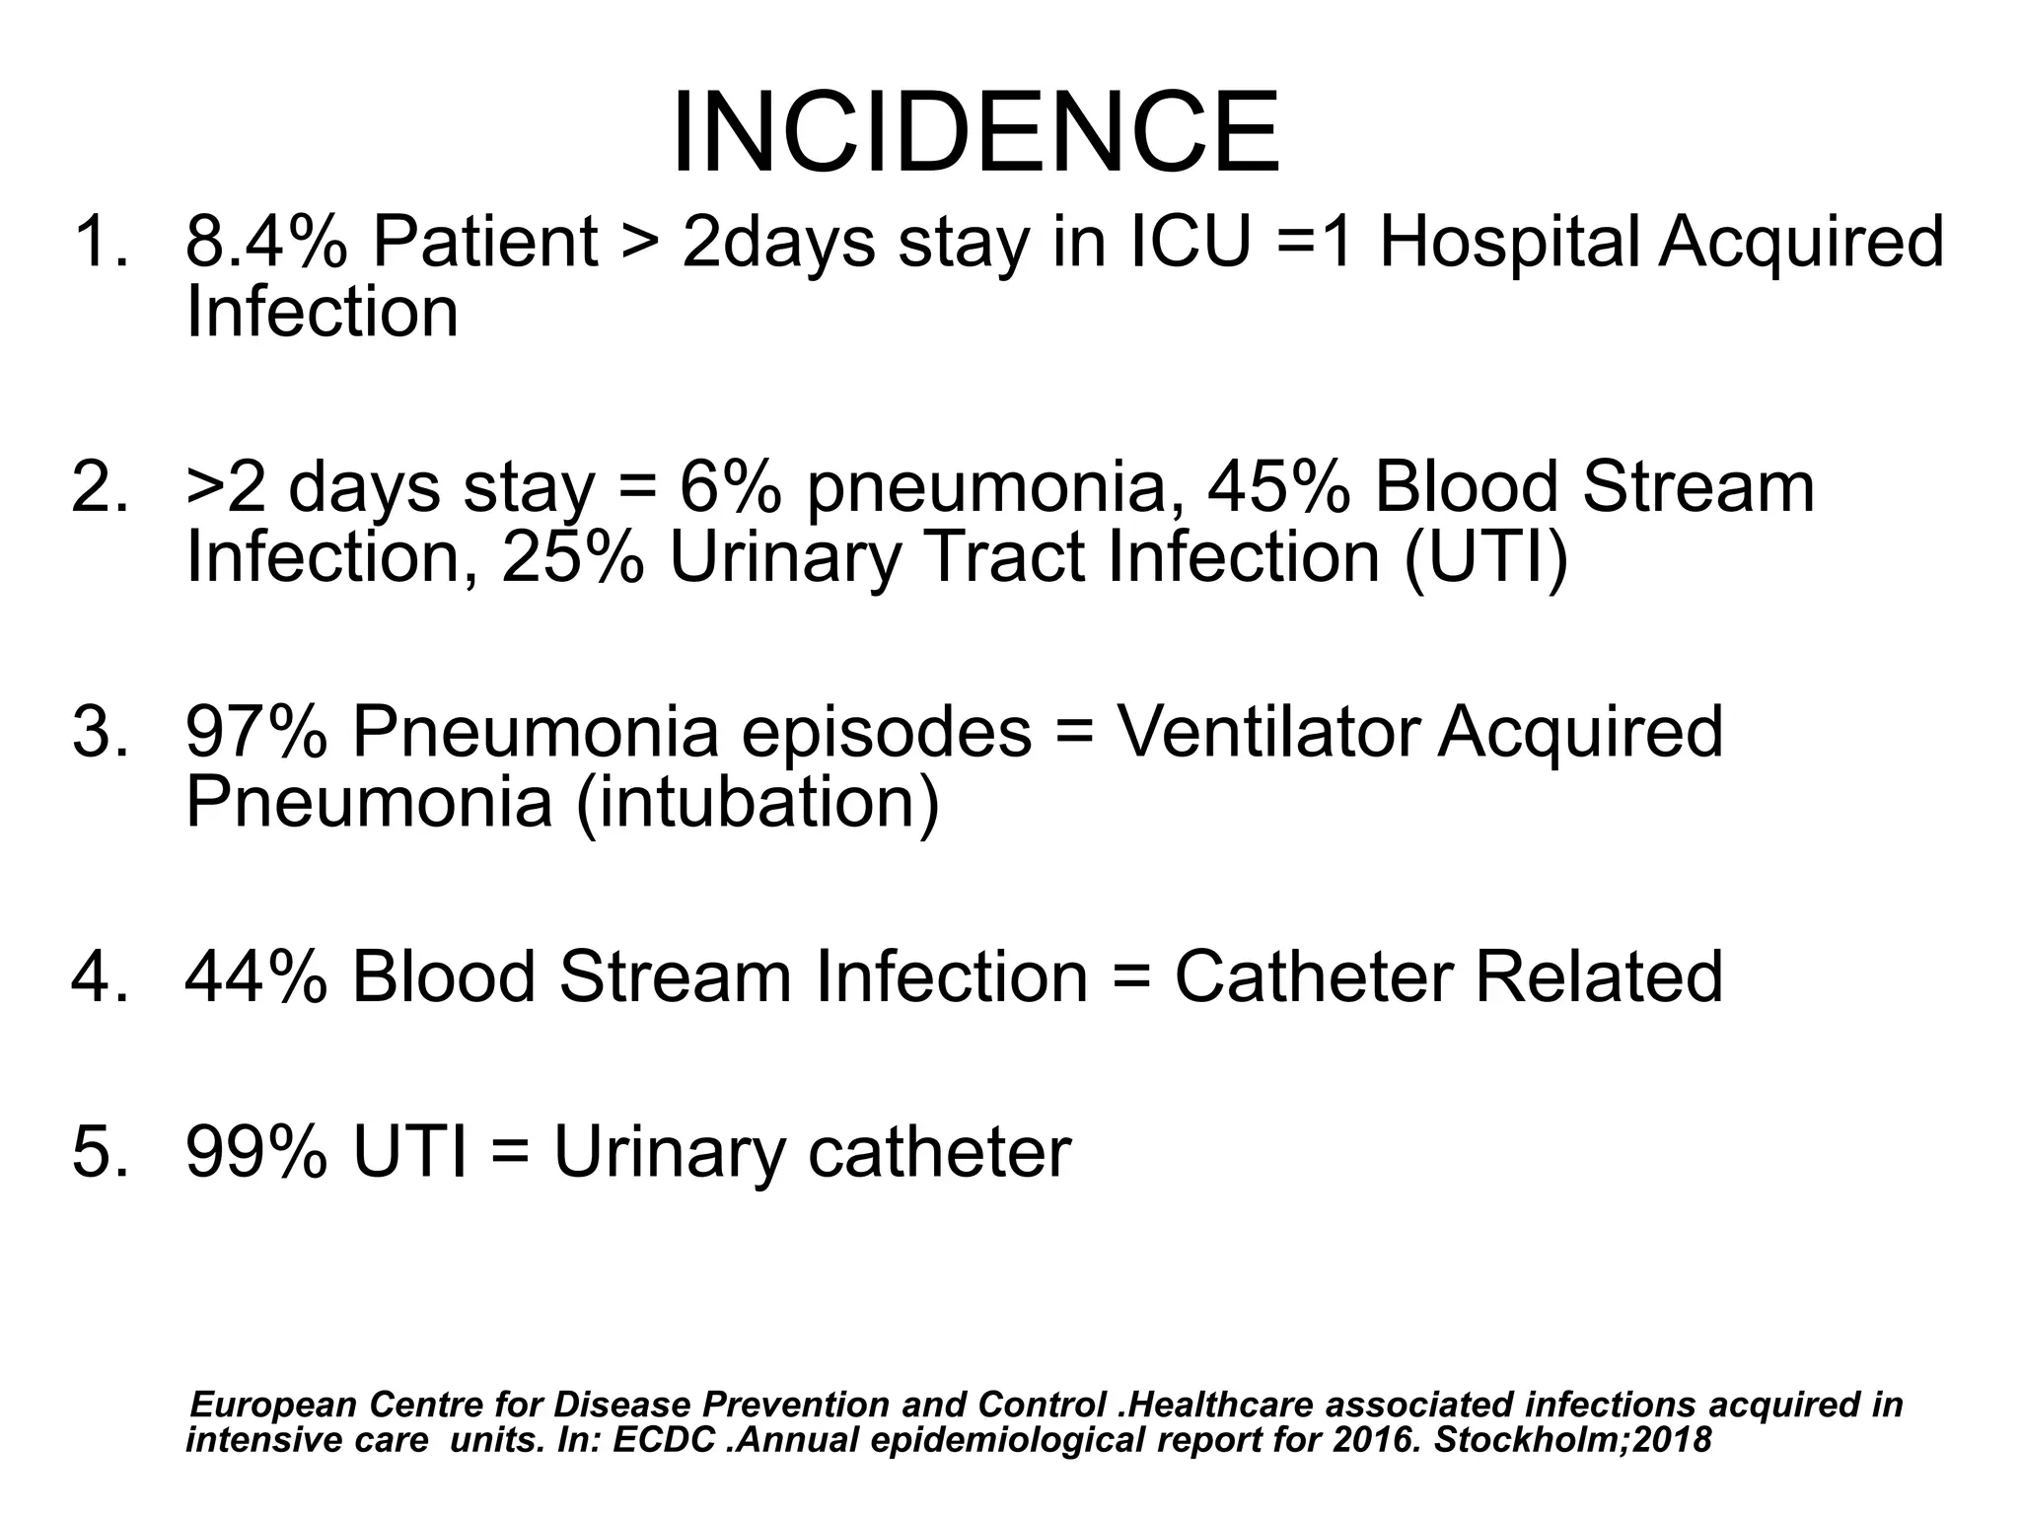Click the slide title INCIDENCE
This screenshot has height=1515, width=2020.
[975, 133]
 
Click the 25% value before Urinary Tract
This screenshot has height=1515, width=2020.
[573, 557]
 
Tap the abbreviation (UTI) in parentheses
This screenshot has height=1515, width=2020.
[1485, 558]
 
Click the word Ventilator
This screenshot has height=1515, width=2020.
[1266, 732]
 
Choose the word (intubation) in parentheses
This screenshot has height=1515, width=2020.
[757, 802]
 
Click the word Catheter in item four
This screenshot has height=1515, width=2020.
[1312, 976]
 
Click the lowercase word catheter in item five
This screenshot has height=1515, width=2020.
[939, 1151]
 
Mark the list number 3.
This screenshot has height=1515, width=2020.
[99, 732]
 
